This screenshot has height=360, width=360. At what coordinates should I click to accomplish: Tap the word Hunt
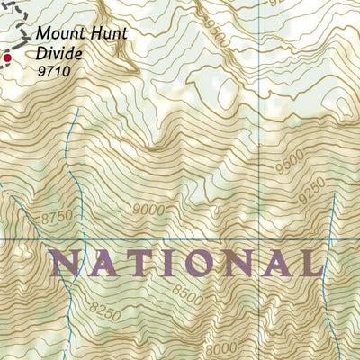107,34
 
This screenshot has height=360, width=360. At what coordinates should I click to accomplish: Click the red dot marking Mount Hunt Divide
7,58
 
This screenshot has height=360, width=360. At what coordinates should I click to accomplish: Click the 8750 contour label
55,217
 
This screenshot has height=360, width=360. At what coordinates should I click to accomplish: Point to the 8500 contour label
187,292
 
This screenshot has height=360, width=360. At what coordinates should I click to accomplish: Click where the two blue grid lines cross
266,239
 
